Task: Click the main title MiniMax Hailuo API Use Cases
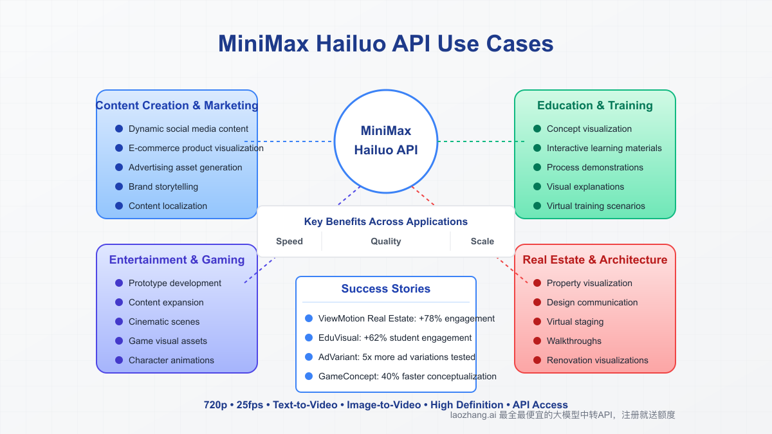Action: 386,44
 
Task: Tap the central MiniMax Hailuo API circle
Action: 386,141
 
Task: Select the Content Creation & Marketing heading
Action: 177,105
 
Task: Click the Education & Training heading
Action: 595,105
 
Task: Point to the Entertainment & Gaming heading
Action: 177,260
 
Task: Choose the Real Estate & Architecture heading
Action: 595,260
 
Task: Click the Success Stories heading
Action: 386,289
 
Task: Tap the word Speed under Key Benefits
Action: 289,242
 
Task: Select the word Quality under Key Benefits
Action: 386,242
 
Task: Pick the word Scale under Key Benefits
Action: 482,242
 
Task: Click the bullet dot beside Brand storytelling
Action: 119,186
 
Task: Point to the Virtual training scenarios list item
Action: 596,206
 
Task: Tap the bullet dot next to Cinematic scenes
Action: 119,321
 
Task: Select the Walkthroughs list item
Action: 574,341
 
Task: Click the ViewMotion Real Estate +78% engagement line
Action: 406,318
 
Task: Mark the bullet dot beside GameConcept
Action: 309,376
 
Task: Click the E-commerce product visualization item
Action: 196,148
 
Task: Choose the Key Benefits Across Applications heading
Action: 386,222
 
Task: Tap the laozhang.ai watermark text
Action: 563,415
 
